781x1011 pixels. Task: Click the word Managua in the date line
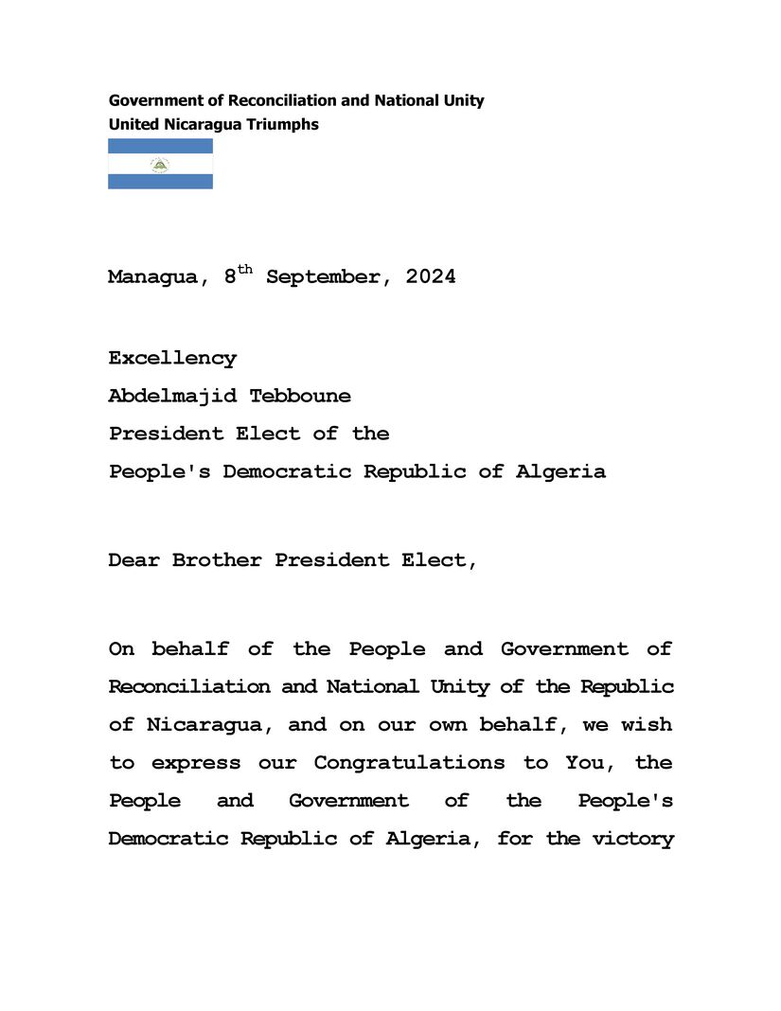pos(151,278)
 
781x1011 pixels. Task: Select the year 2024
pos(431,277)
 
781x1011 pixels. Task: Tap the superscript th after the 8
pos(245,270)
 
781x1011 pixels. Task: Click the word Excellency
pos(172,359)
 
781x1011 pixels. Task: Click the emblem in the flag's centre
pos(160,165)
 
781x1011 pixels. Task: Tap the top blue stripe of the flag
pos(160,146)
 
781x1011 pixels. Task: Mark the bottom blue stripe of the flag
pos(160,181)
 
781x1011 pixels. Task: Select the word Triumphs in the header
pos(281,124)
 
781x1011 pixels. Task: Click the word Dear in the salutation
pos(133,560)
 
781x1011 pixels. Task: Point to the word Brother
pos(217,560)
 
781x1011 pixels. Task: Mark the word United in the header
pos(133,124)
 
